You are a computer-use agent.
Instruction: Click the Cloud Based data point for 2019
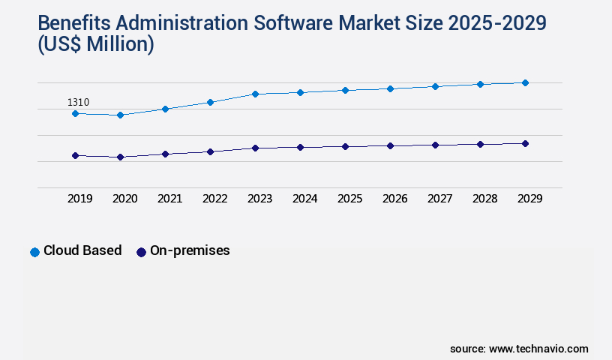pos(75,113)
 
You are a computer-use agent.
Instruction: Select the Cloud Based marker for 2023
pos(255,94)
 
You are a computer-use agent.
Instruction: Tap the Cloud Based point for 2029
pos(525,82)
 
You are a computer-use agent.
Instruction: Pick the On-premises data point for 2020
pos(120,157)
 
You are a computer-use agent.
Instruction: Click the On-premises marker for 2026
pos(390,145)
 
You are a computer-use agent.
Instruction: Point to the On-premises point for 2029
pos(525,143)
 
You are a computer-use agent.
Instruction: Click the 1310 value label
pos(79,102)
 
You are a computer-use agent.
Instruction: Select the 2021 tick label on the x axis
pos(169,199)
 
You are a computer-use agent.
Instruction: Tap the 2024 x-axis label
pos(304,199)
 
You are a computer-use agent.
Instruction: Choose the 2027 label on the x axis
pos(439,199)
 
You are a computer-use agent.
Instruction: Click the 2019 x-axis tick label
pos(79,199)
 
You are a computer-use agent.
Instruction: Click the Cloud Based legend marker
pos(34,252)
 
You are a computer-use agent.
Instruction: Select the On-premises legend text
pos(190,250)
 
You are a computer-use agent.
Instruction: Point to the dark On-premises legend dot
pos(141,252)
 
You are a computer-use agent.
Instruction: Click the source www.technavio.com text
pos(519,349)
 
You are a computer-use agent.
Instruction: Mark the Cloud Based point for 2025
pos(345,90)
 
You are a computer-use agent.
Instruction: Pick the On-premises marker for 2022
pos(210,151)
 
